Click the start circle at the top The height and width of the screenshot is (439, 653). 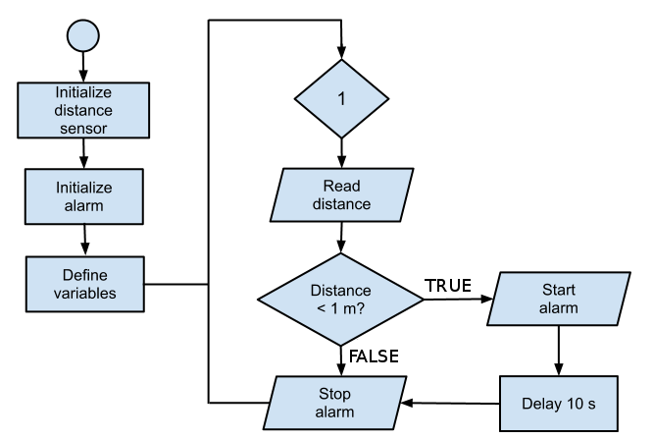pyautogui.click(x=83, y=36)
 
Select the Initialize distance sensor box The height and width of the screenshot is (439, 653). pyautogui.click(x=84, y=110)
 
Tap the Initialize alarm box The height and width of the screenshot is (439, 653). pyautogui.click(x=84, y=196)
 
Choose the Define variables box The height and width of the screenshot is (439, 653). pyautogui.click(x=85, y=284)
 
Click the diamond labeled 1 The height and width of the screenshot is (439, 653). pyautogui.click(x=341, y=99)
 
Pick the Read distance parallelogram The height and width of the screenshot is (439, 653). pyautogui.click(x=341, y=194)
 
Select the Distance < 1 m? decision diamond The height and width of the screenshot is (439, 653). pyautogui.click(x=340, y=300)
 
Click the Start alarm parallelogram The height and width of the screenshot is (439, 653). pyautogui.click(x=558, y=299)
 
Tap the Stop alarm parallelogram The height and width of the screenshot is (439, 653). pyautogui.click(x=334, y=403)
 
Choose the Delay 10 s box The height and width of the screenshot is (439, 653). pyautogui.click(x=559, y=404)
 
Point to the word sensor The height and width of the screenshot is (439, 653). pyautogui.click(x=84, y=128)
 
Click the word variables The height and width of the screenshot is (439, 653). pyautogui.click(x=85, y=293)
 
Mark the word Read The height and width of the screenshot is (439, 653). pyautogui.click(x=341, y=186)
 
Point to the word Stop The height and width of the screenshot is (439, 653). pyautogui.click(x=334, y=394)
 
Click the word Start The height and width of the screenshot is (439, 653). pyautogui.click(x=558, y=290)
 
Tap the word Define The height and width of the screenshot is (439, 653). pyautogui.click(x=85, y=275)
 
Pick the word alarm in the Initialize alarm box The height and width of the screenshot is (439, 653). pyautogui.click(x=84, y=205)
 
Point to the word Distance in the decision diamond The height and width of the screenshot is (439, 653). pyautogui.click(x=340, y=291)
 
